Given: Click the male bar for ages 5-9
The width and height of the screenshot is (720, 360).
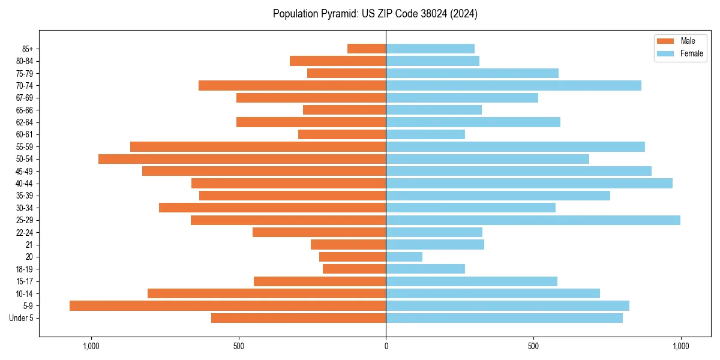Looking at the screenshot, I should point(227,306).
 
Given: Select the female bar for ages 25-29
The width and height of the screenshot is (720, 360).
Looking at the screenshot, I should point(533,220).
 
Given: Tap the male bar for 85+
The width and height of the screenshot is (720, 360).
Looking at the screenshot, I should point(367,49).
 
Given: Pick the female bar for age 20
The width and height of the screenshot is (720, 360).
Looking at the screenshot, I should point(404,257).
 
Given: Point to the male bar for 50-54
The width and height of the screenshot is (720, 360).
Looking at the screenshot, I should point(242,159).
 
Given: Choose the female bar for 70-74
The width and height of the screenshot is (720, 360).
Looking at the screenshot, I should point(513,86).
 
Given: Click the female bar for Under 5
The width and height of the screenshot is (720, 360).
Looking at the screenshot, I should point(504,318).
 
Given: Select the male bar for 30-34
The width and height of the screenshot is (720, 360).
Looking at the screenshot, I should point(272,208).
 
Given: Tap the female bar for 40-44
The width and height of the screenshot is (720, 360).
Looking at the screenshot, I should point(529,184).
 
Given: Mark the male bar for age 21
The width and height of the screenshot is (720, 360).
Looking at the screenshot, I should point(348,245).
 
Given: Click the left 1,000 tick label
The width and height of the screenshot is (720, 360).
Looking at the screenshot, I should point(91,346).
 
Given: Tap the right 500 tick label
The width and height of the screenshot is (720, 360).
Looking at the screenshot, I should point(533,346).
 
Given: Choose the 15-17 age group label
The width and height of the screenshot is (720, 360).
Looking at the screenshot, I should point(24,281).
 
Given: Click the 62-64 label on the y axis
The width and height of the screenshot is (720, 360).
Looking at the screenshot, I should point(24,122).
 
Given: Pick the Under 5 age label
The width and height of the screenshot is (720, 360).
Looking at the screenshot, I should point(21,318).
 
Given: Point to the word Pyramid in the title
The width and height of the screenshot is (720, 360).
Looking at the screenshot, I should point(336,14).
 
